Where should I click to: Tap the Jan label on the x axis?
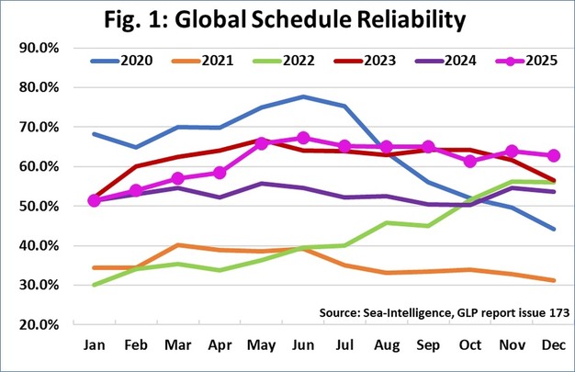coord(94,347)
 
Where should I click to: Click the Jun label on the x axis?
coord(303,347)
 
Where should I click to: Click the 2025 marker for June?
coord(303,138)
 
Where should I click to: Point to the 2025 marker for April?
coord(220,173)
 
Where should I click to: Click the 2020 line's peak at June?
coord(303,96)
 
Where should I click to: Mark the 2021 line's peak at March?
coord(177,245)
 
